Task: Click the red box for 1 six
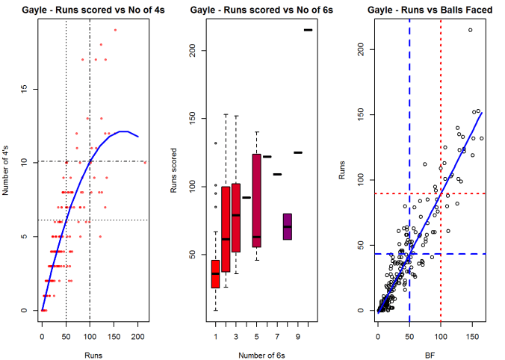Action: (215, 273)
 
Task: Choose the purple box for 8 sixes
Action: (288, 226)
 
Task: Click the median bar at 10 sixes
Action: (308, 30)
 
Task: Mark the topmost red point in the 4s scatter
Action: (115, 30)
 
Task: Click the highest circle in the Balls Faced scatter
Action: (470, 30)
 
